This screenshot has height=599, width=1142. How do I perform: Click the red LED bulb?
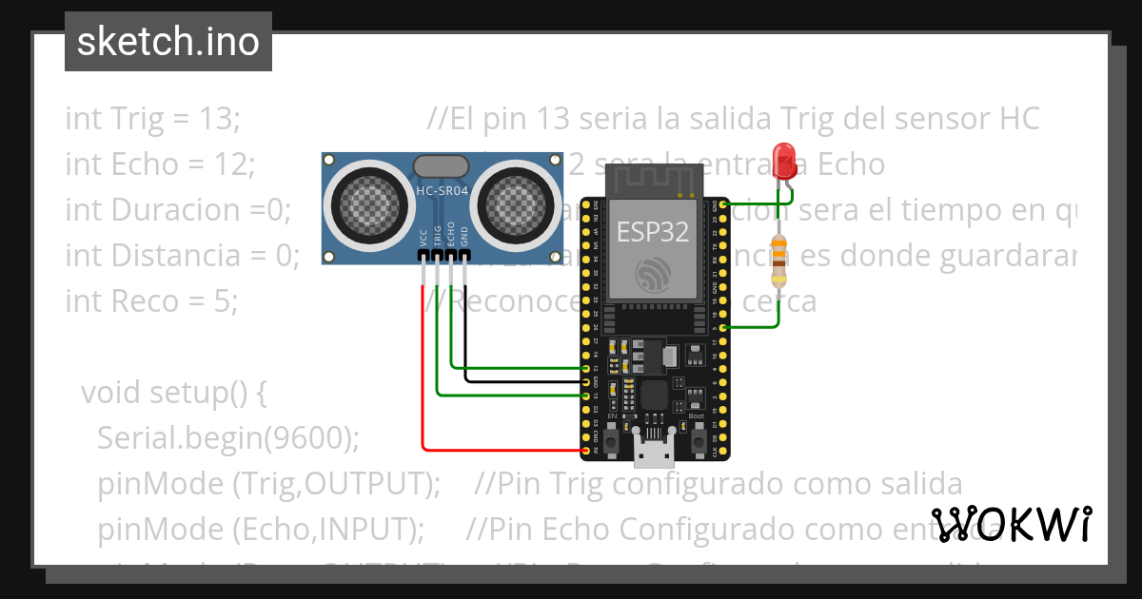(785, 157)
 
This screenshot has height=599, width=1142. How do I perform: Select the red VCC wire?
(423, 380)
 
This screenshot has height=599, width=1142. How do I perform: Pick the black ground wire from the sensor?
(466, 333)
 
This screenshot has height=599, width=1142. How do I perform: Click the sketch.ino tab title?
(168, 42)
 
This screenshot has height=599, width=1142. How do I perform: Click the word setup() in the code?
(209, 393)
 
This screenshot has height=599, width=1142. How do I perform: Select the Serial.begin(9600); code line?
(228, 438)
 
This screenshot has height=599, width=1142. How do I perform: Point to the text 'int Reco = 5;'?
(151, 301)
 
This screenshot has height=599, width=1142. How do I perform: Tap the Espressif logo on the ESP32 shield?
(652, 275)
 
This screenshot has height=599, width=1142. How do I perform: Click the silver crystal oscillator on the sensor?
(442, 165)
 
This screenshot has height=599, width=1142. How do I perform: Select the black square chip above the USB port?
(654, 394)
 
